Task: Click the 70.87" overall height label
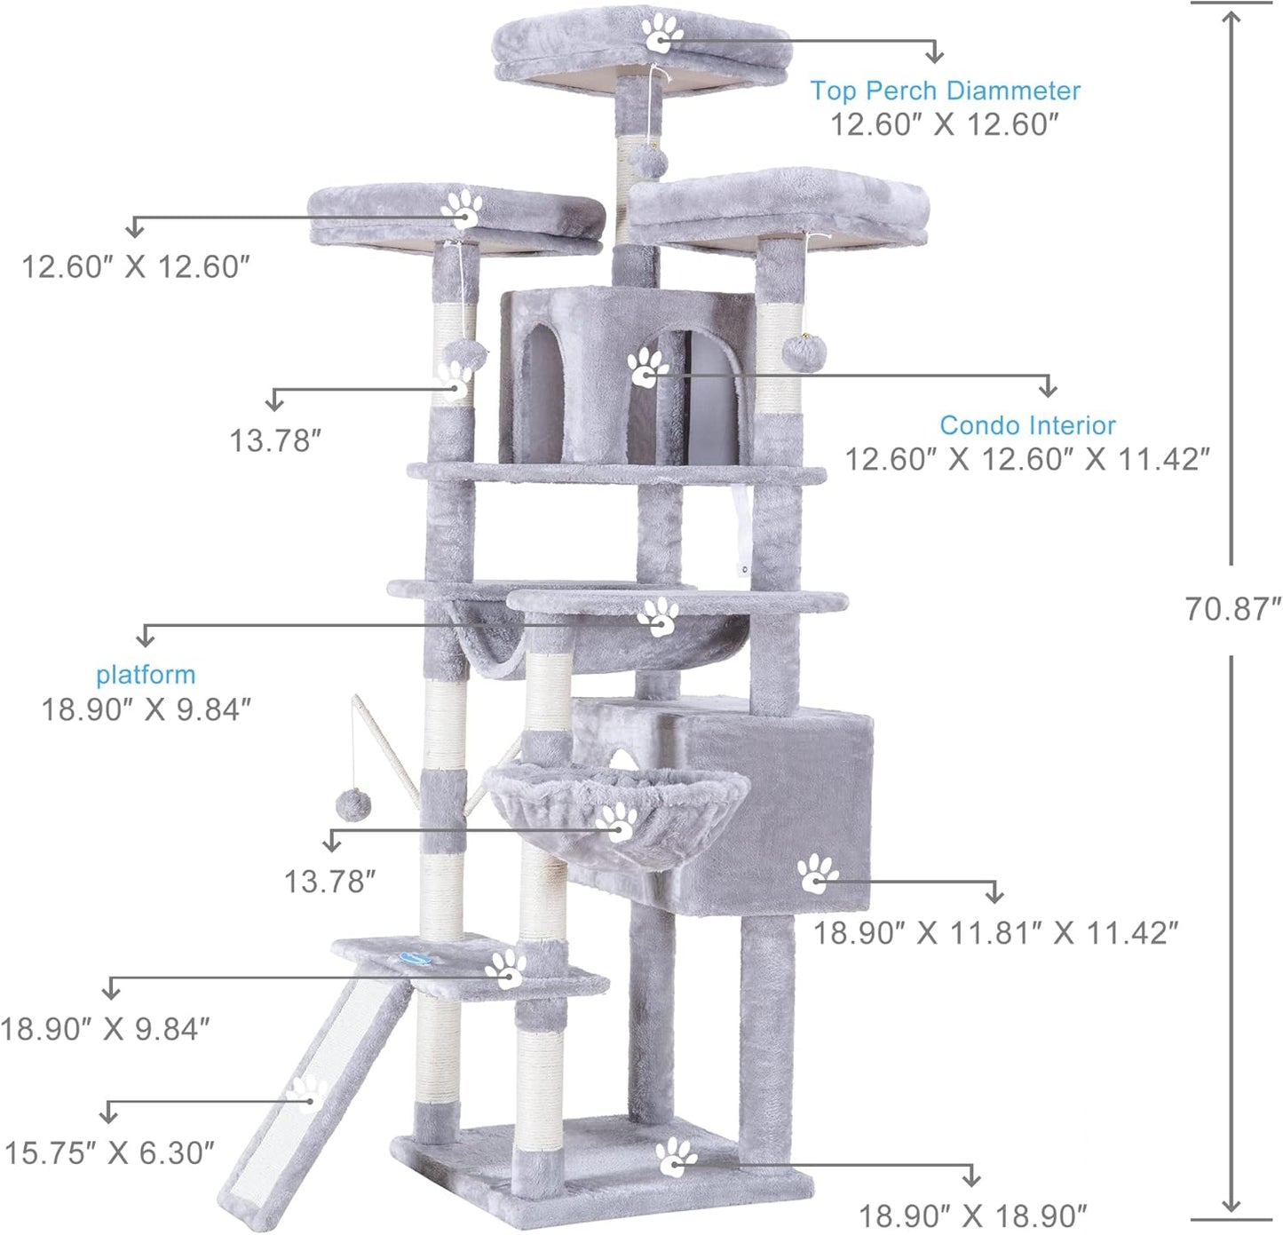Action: pyautogui.click(x=1232, y=609)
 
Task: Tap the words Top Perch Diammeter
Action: pyautogui.click(x=945, y=91)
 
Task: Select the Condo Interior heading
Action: pyautogui.click(x=1027, y=425)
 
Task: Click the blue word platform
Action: pyautogui.click(x=146, y=675)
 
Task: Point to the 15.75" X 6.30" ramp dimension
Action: pyautogui.click(x=109, y=1153)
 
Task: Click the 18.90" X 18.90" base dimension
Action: pyautogui.click(x=972, y=1215)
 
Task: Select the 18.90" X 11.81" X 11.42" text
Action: pyautogui.click(x=996, y=933)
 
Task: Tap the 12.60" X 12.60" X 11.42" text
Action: pyautogui.click(x=1026, y=459)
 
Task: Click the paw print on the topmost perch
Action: pyautogui.click(x=661, y=34)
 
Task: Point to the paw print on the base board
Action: pyautogui.click(x=676, y=1158)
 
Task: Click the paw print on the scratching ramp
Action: pyautogui.click(x=307, y=1094)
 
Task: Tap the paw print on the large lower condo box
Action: pyautogui.click(x=817, y=874)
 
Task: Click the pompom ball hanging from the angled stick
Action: pyautogui.click(x=352, y=806)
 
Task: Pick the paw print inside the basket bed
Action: pyautogui.click(x=616, y=822)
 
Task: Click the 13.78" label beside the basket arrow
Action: pyautogui.click(x=329, y=882)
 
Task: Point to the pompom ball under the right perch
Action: pyautogui.click(x=804, y=352)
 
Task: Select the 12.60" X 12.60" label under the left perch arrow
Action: pyautogui.click(x=135, y=266)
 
